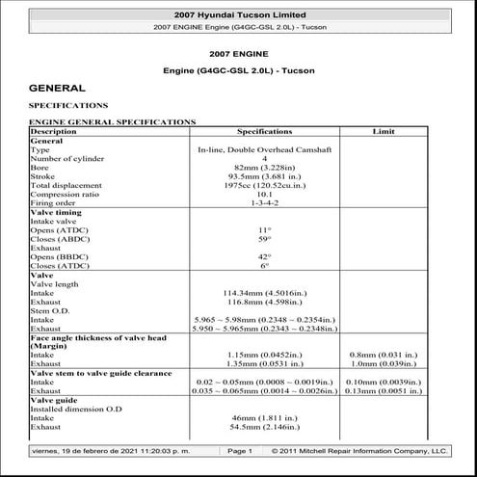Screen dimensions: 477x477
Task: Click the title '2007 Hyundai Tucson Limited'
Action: (238, 15)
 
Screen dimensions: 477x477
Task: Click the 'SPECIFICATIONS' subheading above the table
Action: (68, 105)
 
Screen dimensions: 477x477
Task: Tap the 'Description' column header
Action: (54, 130)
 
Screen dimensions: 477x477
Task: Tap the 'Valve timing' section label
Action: (59, 212)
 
